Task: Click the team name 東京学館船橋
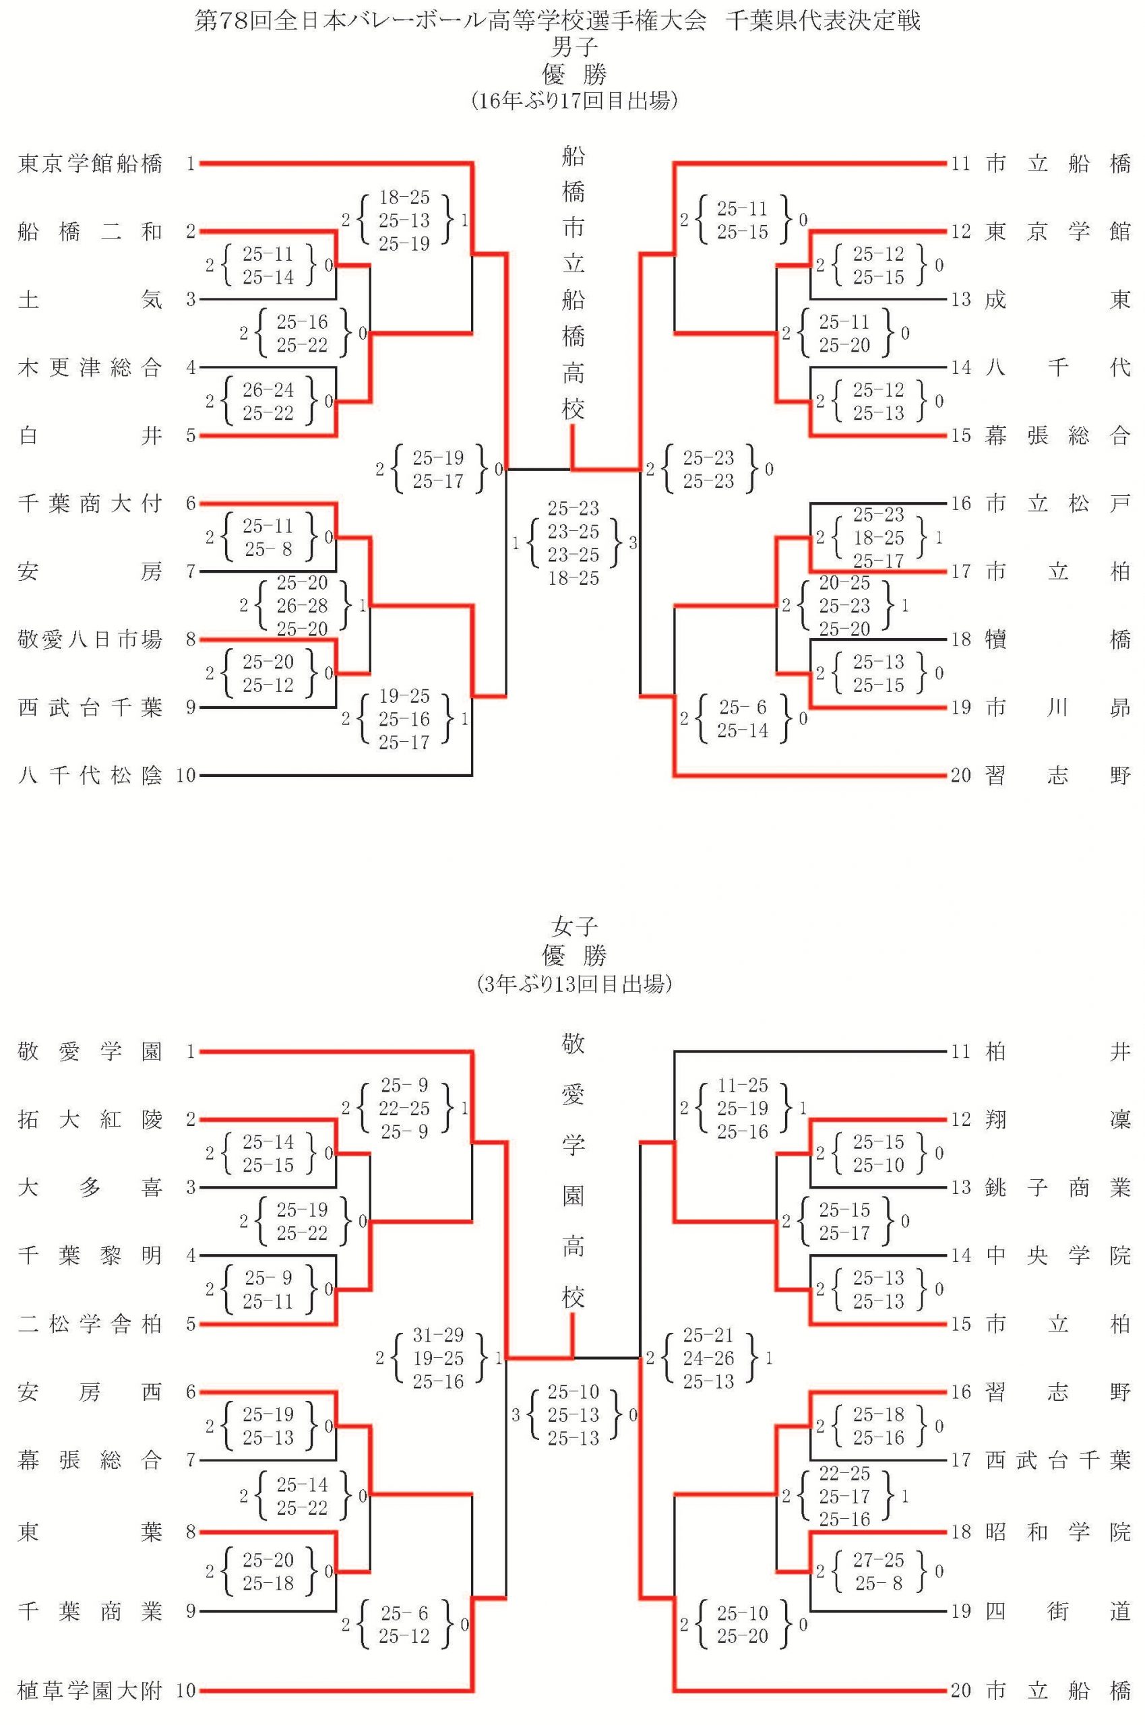(90, 164)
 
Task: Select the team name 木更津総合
(90, 367)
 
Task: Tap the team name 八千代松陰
(90, 776)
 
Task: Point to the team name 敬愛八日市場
(90, 639)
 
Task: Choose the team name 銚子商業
(1058, 1188)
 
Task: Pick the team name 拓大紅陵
(90, 1120)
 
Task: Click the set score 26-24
(268, 390)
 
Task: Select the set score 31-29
(438, 1335)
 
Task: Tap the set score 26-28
(303, 605)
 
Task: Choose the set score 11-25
(743, 1086)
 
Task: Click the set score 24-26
(708, 1358)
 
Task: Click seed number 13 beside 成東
(961, 299)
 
